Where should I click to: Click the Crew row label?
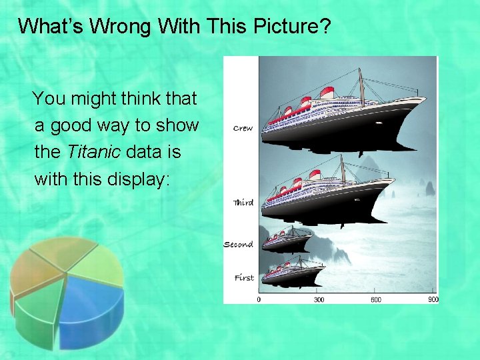click(243, 128)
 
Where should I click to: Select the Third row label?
click(243, 202)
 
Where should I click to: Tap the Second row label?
click(238, 245)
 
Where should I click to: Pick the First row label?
click(244, 277)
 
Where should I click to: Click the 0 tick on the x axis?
click(259, 300)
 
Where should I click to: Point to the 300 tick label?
click(319, 300)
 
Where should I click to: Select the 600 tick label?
click(376, 300)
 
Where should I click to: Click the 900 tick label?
click(433, 300)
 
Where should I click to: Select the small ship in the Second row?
click(287, 239)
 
